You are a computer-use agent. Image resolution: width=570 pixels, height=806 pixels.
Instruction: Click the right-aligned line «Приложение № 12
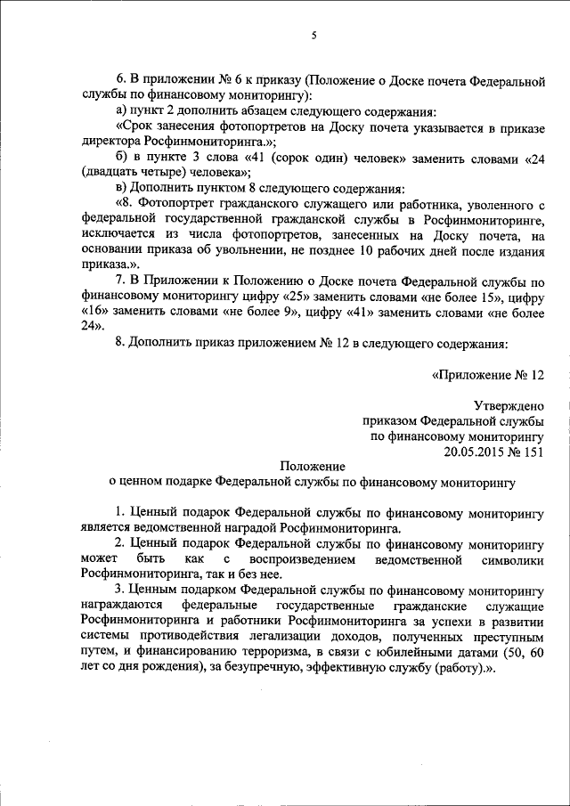(487, 375)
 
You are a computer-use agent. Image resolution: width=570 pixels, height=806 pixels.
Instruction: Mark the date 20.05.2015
(475, 452)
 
